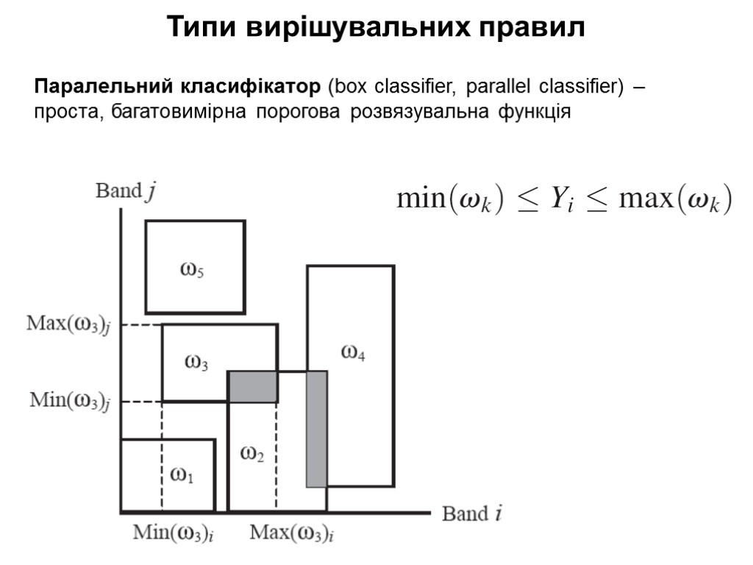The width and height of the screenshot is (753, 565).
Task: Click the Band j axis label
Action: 126,191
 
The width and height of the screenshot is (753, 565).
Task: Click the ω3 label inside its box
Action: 196,362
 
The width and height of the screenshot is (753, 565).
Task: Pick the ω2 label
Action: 252,455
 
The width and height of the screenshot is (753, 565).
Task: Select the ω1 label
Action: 182,475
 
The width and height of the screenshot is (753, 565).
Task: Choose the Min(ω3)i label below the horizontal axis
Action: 174,532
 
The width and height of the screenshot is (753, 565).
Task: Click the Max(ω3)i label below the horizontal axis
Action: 292,532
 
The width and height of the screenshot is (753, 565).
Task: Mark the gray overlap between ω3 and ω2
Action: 252,387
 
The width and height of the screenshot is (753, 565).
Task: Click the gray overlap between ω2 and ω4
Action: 317,429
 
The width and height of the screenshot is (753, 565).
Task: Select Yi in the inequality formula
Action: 563,199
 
